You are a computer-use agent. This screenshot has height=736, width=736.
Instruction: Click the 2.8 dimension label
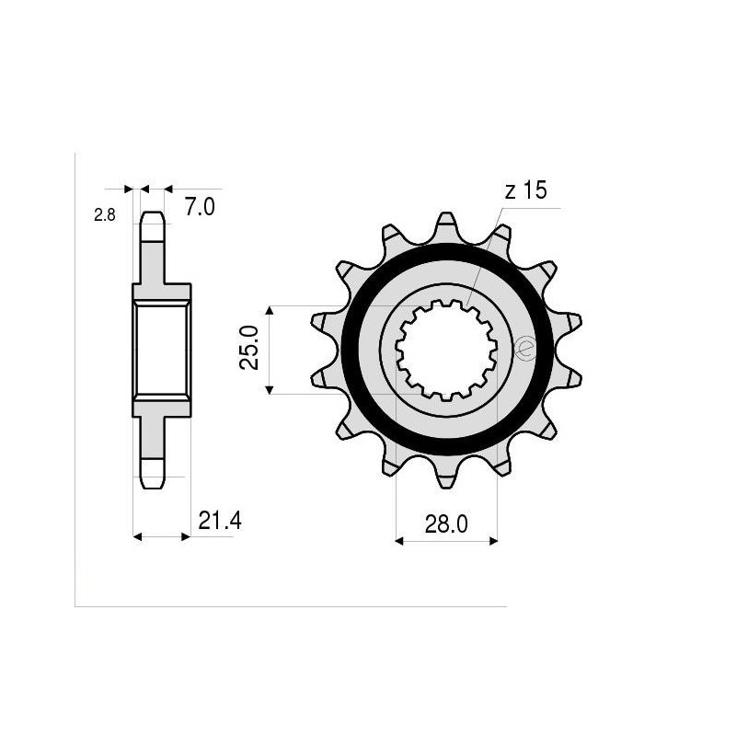104,216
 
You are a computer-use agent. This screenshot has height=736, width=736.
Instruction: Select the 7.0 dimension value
200,208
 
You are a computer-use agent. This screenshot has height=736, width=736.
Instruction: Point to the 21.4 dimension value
219,522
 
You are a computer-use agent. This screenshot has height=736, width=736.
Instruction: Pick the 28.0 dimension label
447,524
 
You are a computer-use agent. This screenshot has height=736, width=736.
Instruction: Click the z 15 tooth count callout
525,190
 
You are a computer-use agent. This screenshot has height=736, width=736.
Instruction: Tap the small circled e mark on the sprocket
524,349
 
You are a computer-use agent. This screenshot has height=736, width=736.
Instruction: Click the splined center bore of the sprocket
446,350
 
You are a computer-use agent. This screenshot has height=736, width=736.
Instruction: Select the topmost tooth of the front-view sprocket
446,224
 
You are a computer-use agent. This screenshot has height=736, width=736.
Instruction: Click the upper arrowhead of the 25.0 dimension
270,311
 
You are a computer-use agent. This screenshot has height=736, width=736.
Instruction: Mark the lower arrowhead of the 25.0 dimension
270,389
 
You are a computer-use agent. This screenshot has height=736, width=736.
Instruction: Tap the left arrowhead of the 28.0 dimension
400,541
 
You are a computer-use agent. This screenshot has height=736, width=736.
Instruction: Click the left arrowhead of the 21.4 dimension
139,535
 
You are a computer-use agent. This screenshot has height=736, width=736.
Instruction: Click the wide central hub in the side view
162,350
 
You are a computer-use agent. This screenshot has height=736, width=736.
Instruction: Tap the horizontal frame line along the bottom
290,606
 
